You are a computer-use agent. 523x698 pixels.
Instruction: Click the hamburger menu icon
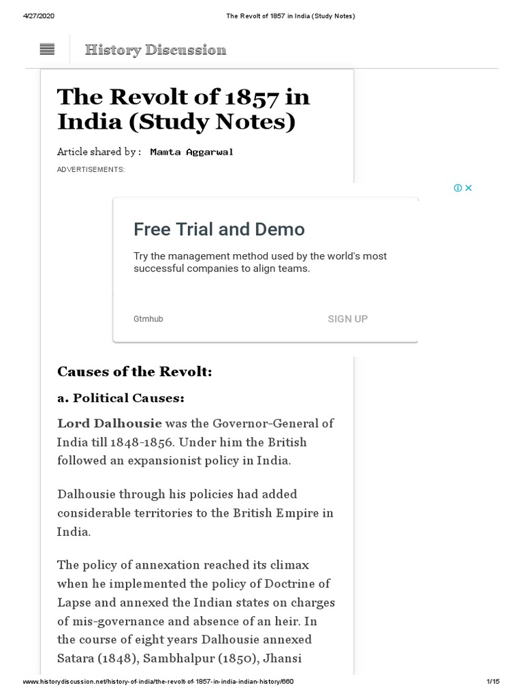coord(48,49)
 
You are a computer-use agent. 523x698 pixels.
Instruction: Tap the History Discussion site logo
coord(155,49)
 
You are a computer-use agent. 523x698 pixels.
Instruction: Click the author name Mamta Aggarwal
coord(191,151)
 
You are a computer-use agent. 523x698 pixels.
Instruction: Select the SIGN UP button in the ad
coord(347,319)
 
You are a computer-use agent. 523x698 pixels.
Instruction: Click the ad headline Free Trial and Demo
coord(219,229)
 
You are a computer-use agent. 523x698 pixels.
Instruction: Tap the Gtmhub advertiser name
coord(148,319)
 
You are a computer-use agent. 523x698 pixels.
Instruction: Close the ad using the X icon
coord(469,188)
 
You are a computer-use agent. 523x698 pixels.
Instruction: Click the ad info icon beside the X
coord(458,188)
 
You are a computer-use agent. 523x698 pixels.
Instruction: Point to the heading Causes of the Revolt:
coord(135,372)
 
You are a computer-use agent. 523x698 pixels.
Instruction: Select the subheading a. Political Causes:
coord(121,397)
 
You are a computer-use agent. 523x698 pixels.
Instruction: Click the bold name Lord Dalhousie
coord(110,423)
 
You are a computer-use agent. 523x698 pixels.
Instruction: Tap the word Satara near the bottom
coord(77,659)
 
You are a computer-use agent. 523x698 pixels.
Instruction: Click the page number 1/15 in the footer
coord(493,682)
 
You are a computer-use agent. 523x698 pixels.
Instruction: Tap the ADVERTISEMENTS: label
coord(91,169)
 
